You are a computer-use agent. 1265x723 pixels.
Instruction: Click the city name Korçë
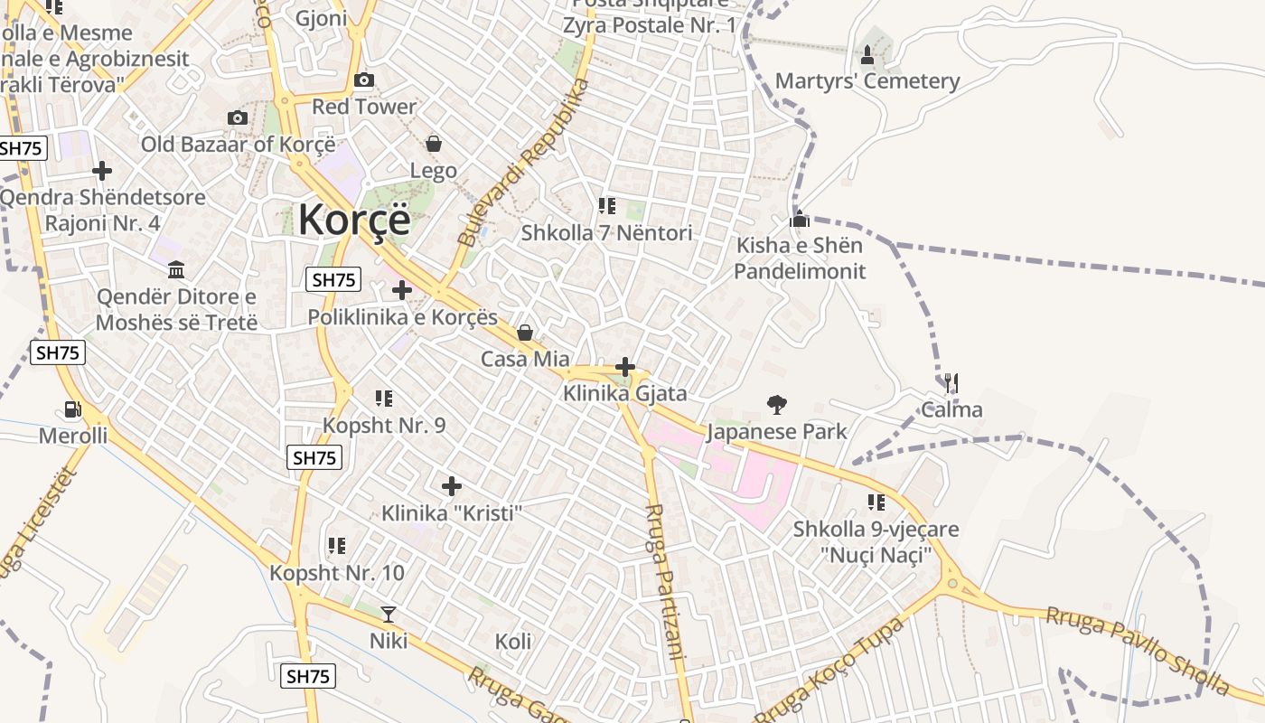(x=354, y=220)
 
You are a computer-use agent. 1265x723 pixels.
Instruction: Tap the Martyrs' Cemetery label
(x=867, y=81)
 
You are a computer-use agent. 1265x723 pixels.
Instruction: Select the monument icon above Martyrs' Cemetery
(x=867, y=55)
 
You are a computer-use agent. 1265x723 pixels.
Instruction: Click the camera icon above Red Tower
(x=364, y=80)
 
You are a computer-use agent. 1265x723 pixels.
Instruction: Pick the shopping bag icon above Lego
(x=434, y=144)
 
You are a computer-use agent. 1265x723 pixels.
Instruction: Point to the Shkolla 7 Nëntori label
(x=606, y=233)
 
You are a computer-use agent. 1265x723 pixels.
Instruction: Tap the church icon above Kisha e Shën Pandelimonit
(x=800, y=219)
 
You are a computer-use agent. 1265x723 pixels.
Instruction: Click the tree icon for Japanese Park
(x=776, y=404)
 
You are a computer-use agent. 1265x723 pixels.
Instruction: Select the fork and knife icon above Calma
(x=951, y=383)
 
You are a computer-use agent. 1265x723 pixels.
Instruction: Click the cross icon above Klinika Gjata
(x=624, y=367)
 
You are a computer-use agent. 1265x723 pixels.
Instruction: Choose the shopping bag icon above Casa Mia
(x=525, y=333)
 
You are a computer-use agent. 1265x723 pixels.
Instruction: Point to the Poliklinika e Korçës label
(x=403, y=317)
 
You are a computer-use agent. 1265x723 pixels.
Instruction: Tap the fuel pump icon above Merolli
(x=72, y=409)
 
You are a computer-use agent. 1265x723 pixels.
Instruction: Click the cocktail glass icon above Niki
(x=389, y=615)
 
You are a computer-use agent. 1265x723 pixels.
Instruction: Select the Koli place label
(x=513, y=642)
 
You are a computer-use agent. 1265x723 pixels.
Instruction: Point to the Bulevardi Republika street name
(x=523, y=163)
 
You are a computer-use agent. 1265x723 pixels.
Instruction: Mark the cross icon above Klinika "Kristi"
(x=452, y=486)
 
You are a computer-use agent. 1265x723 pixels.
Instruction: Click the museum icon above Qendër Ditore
(x=176, y=269)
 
